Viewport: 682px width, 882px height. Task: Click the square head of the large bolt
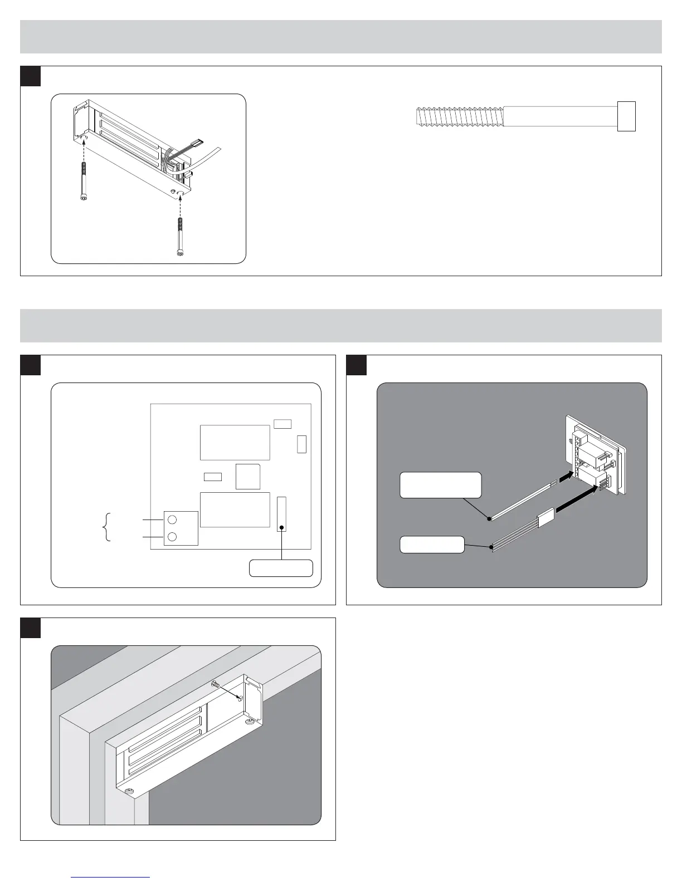point(626,116)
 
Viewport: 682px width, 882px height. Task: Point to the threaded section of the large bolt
point(460,117)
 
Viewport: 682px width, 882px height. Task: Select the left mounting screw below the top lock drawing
point(84,181)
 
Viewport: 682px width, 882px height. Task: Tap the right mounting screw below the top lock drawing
point(179,236)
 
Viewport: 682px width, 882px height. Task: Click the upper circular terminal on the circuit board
point(172,520)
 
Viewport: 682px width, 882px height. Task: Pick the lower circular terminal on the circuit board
point(172,537)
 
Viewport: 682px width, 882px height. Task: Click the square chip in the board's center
point(248,476)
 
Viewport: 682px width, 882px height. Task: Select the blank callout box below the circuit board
point(281,569)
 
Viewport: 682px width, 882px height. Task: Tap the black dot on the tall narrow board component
point(282,527)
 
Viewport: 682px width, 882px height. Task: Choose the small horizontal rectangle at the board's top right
point(282,424)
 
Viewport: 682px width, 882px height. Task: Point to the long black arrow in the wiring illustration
point(580,498)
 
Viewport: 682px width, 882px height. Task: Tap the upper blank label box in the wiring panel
point(441,485)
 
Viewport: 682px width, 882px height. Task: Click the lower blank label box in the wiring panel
point(432,545)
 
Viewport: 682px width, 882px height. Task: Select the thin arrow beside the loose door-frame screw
point(228,692)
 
